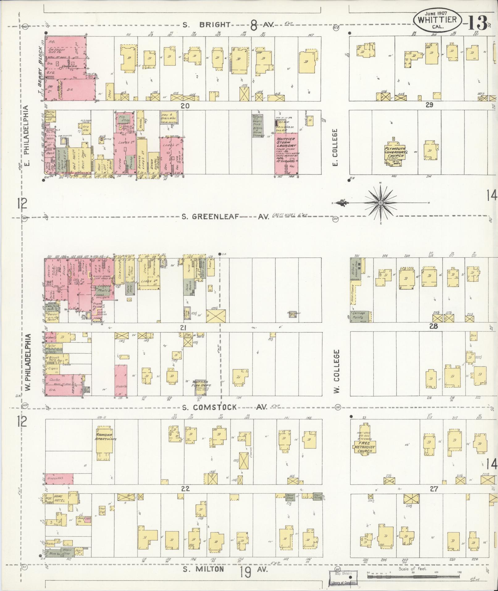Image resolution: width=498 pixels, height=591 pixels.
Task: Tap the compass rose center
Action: (x=381, y=203)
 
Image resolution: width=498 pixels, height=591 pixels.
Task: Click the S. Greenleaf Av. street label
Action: (x=225, y=217)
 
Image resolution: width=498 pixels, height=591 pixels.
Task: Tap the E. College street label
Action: (x=336, y=147)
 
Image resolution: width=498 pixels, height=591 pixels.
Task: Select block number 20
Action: (x=185, y=106)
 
